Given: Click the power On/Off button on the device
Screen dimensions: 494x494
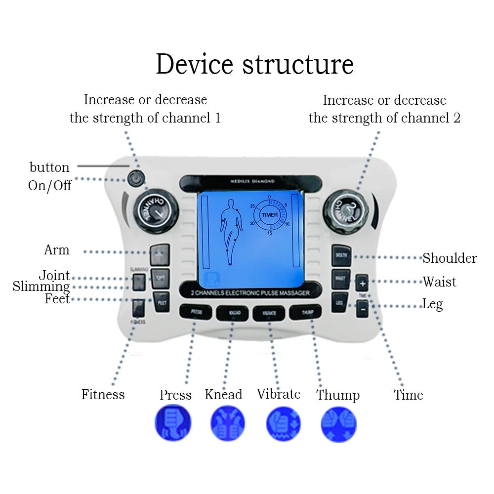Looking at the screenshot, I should click(x=134, y=178).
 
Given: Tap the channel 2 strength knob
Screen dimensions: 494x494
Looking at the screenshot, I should click(x=346, y=210).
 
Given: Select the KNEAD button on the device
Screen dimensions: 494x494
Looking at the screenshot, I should click(x=232, y=313).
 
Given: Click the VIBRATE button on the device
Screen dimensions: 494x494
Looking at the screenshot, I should click(x=268, y=313).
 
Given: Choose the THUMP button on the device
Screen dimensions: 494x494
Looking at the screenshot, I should click(x=305, y=311).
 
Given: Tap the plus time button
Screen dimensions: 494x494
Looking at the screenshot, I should click(x=362, y=284).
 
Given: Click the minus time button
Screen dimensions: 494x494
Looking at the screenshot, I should click(x=362, y=308).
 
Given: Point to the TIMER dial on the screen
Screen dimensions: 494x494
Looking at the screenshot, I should click(x=270, y=215).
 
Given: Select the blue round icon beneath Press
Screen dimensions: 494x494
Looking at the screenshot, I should click(x=172, y=423).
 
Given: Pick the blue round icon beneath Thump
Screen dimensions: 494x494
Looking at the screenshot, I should click(x=338, y=423).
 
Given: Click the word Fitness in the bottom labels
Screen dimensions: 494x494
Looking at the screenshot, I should click(x=103, y=394).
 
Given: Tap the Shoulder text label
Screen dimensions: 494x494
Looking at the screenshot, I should click(x=450, y=258).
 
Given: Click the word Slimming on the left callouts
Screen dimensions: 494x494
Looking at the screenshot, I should click(x=41, y=287).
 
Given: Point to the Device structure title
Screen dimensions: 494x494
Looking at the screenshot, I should click(x=254, y=64).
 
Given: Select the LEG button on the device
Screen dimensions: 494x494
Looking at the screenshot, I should click(x=340, y=302).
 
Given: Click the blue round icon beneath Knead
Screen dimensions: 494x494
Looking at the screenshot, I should click(x=228, y=423).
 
